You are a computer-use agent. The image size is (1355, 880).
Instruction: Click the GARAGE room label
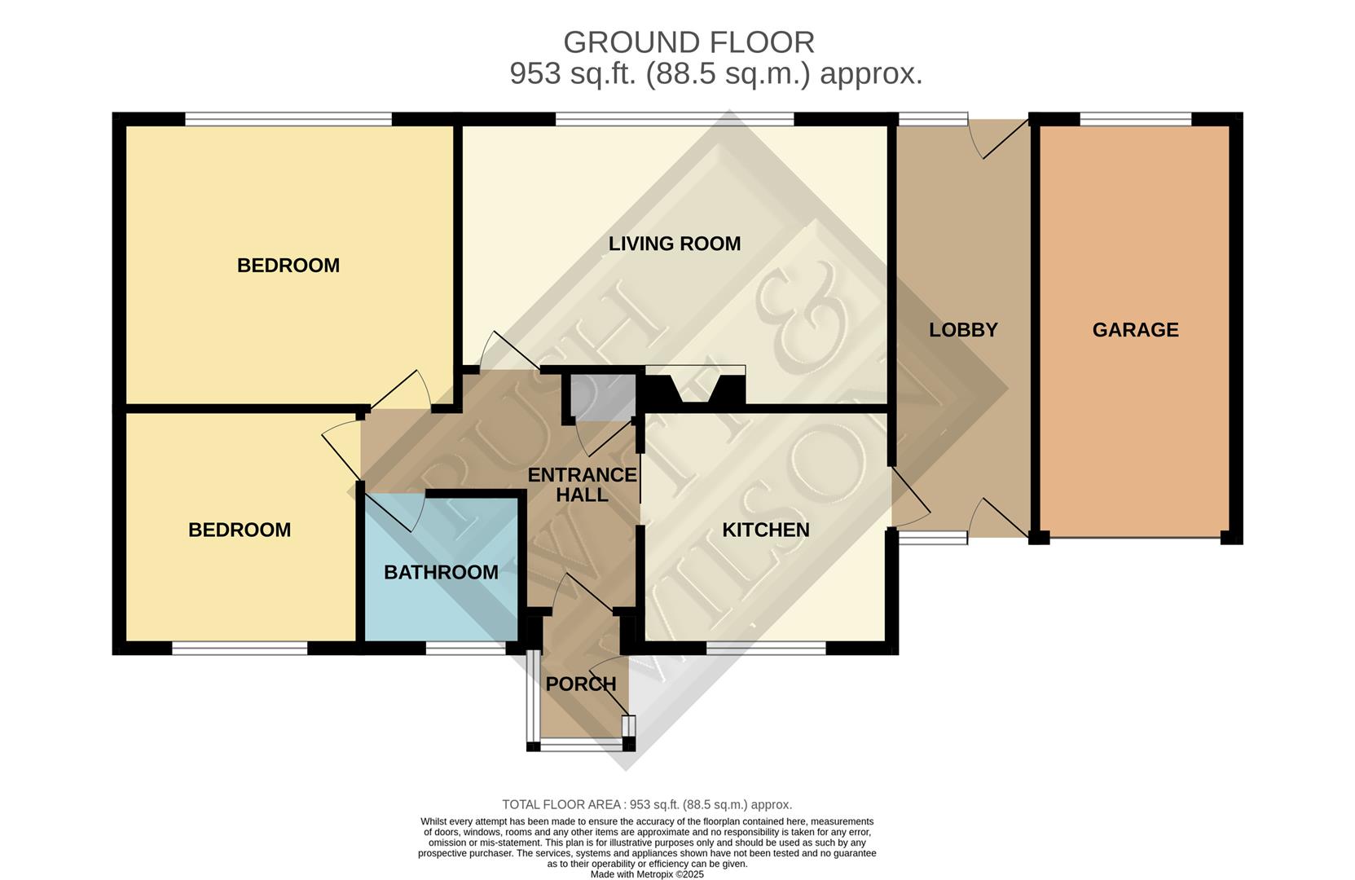[1135, 330]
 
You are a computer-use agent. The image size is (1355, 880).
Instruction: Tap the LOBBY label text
[963, 330]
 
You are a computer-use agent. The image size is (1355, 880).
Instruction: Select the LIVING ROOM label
[675, 244]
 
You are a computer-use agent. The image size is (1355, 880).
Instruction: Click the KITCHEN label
[766, 530]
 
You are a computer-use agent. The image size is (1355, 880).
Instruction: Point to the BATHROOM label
[441, 573]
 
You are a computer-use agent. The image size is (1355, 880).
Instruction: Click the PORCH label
[580, 684]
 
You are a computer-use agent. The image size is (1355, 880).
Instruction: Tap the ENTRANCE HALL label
[582, 485]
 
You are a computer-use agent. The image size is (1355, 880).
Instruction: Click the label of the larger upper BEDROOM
[288, 266]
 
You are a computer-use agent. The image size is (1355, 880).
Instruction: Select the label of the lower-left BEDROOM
[240, 530]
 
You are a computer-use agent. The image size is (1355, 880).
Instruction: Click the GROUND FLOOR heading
[688, 42]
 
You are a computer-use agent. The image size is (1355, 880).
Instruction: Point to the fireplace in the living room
[695, 386]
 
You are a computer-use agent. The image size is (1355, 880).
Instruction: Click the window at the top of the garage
[1135, 120]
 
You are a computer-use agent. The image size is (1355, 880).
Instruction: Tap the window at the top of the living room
[674, 120]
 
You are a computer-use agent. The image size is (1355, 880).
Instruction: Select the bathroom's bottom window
[465, 649]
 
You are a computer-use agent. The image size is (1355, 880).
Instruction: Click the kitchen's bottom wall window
[765, 649]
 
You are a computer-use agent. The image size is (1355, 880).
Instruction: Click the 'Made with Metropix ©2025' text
[647, 874]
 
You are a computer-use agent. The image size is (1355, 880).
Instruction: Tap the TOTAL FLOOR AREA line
[647, 805]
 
